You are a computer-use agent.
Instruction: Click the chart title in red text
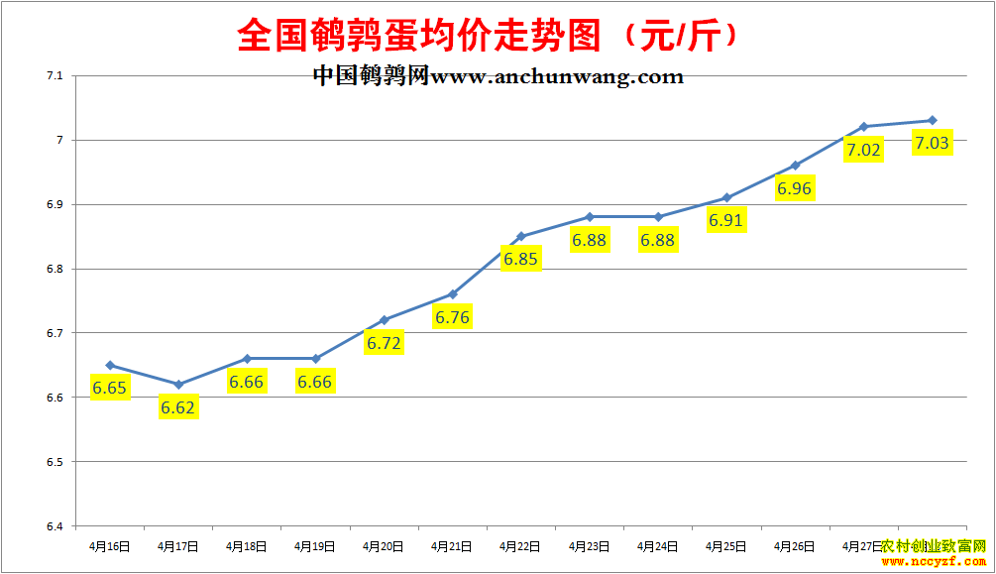click(x=489, y=37)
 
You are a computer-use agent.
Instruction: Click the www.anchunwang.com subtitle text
click(x=498, y=76)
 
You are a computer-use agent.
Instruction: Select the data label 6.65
click(x=109, y=388)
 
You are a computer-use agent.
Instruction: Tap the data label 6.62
click(x=178, y=406)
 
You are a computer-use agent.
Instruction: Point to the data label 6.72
click(x=384, y=343)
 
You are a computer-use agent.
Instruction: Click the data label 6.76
click(x=452, y=317)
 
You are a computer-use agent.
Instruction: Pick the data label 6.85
click(x=520, y=260)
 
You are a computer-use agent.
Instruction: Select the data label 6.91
click(x=725, y=220)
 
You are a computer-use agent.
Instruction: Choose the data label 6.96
click(x=794, y=187)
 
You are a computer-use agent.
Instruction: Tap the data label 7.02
click(x=862, y=150)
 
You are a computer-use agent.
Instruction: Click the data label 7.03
click(x=932, y=143)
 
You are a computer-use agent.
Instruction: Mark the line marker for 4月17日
click(x=178, y=385)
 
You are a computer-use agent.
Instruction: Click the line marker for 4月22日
click(x=521, y=236)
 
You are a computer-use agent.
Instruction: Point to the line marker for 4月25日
click(x=726, y=197)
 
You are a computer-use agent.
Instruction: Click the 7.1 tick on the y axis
click(x=54, y=75)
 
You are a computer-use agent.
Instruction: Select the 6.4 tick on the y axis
click(x=54, y=526)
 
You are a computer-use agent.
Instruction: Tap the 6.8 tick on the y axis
click(x=54, y=269)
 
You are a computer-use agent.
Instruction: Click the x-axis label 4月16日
click(x=109, y=545)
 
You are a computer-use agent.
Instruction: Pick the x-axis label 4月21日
click(x=452, y=545)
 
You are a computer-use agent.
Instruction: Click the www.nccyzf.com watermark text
click(x=935, y=562)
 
